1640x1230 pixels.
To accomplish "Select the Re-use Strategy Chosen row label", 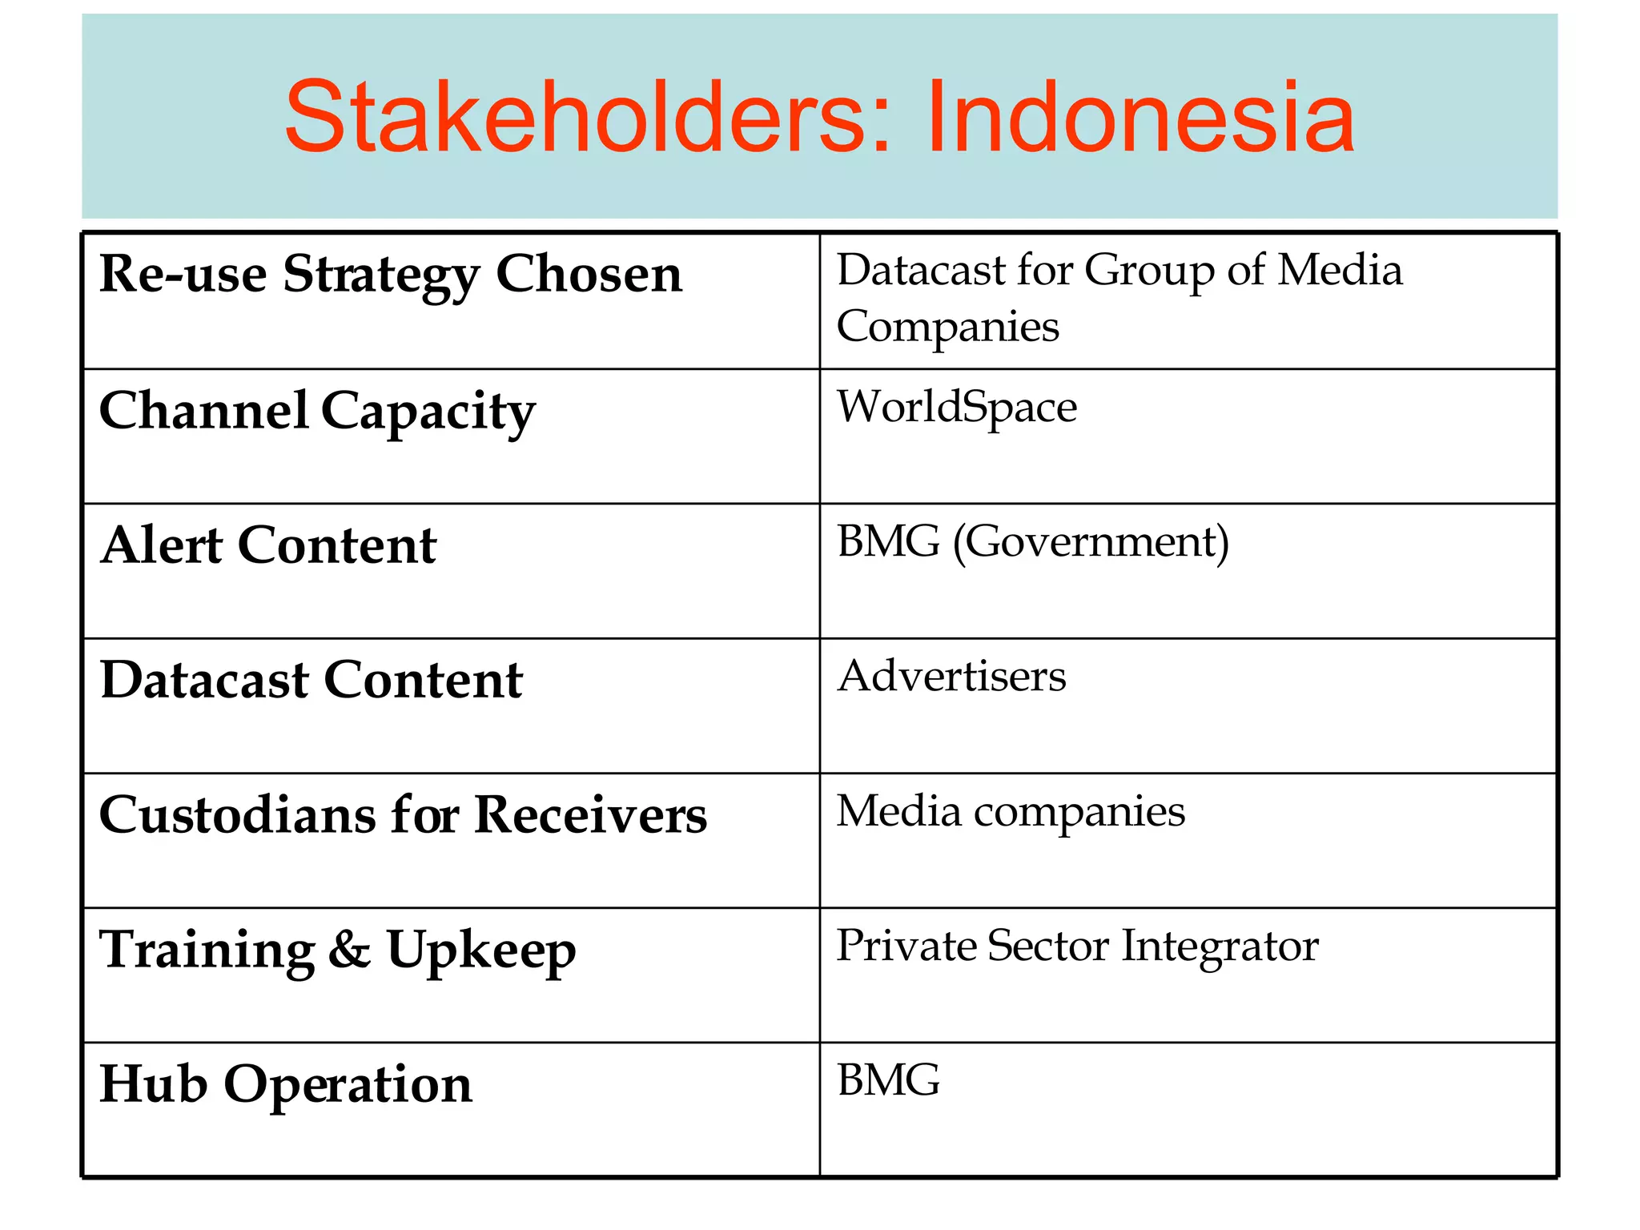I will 390,275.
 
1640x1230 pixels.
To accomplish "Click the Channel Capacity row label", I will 317,412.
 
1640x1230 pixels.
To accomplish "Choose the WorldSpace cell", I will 956,407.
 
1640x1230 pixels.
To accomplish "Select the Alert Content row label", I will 268,546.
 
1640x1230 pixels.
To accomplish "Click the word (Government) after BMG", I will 1091,543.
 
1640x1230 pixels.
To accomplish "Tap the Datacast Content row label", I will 311,681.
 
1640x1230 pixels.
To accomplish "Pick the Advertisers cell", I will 951,677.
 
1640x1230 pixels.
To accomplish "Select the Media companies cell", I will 1010,811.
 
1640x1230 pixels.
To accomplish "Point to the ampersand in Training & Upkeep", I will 349,950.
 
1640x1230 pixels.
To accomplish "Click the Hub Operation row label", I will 285,1084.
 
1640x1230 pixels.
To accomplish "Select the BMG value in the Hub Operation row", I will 888,1080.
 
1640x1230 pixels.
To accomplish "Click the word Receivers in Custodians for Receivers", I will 590,815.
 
